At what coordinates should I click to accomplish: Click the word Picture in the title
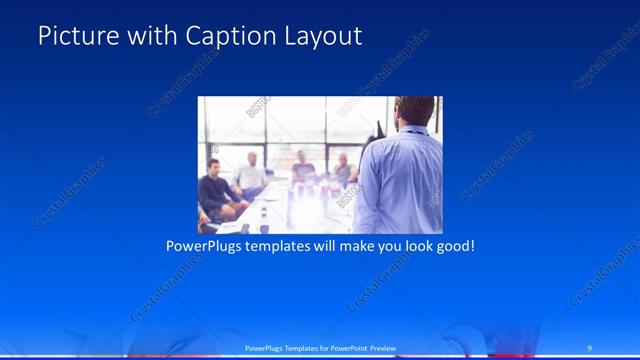72,37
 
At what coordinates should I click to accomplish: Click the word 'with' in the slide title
148,37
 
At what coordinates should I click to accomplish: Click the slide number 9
590,347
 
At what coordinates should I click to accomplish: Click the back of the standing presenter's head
415,111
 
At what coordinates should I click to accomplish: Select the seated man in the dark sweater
214,187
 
